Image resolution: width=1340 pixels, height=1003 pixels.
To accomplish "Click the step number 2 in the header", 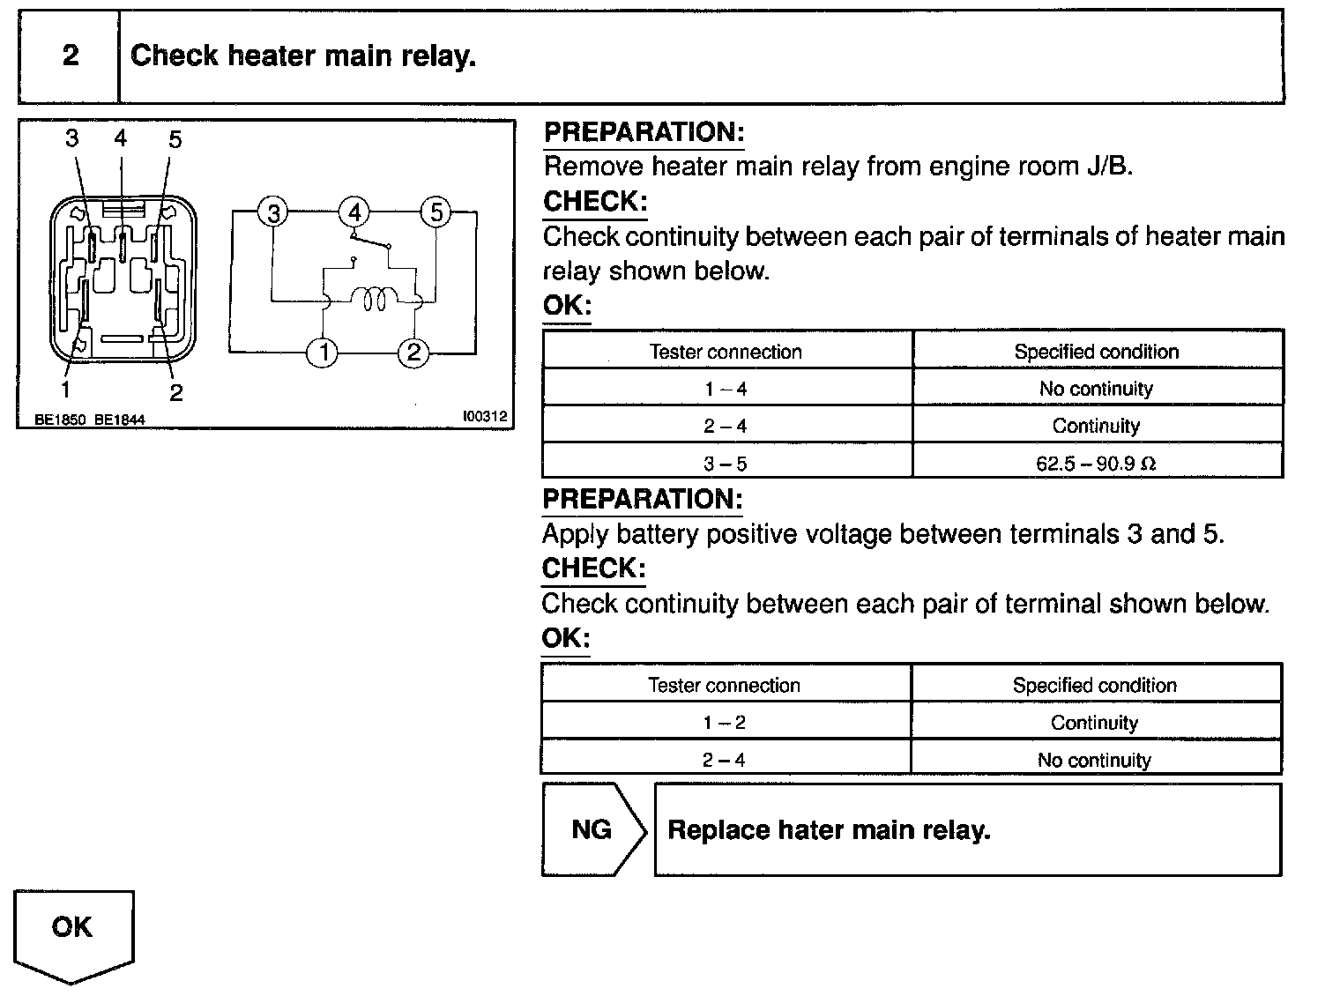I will tap(71, 56).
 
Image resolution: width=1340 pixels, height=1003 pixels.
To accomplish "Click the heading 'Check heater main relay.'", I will tap(303, 56).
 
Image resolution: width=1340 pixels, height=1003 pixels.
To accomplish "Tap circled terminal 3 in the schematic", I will tap(274, 212).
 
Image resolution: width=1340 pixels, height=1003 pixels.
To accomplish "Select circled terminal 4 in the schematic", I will tap(354, 212).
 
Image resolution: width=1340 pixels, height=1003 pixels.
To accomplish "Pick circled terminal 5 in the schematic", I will tap(435, 212).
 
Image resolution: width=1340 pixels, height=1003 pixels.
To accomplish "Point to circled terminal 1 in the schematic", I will tap(324, 353).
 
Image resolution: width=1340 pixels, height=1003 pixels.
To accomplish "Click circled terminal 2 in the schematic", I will tap(413, 353).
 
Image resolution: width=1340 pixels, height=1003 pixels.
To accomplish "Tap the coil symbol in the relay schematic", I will tap(370, 301).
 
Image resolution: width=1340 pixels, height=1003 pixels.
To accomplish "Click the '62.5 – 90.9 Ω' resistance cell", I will tap(1096, 463).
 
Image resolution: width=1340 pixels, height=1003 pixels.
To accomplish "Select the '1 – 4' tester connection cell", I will tap(726, 389).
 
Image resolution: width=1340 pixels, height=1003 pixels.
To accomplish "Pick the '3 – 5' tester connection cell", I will tap(726, 463).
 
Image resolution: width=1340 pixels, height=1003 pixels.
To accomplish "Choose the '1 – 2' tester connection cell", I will tap(724, 723).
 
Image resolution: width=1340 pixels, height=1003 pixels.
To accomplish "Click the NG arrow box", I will tap(592, 830).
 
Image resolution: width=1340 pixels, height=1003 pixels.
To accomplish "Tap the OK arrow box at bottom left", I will tap(72, 930).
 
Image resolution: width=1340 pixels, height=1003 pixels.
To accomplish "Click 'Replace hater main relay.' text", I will tap(829, 830).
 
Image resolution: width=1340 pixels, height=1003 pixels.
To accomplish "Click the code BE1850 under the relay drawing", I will tap(60, 420).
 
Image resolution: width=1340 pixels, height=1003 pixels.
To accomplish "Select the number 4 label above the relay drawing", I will tap(121, 137).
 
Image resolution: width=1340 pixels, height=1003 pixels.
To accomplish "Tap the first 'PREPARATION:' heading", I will tap(644, 132).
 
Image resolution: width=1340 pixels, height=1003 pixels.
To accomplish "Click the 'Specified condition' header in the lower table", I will tap(1094, 685).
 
